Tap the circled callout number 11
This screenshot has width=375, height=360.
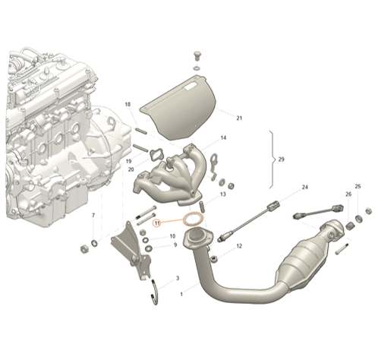[158, 223]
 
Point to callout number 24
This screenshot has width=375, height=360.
[305, 187]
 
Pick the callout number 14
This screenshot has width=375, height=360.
[223, 137]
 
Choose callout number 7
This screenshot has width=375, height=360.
[93, 216]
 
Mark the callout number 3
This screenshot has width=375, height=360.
[177, 279]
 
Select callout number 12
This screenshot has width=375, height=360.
[238, 246]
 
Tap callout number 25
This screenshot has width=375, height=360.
[358, 186]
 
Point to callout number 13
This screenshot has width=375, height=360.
[223, 194]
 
